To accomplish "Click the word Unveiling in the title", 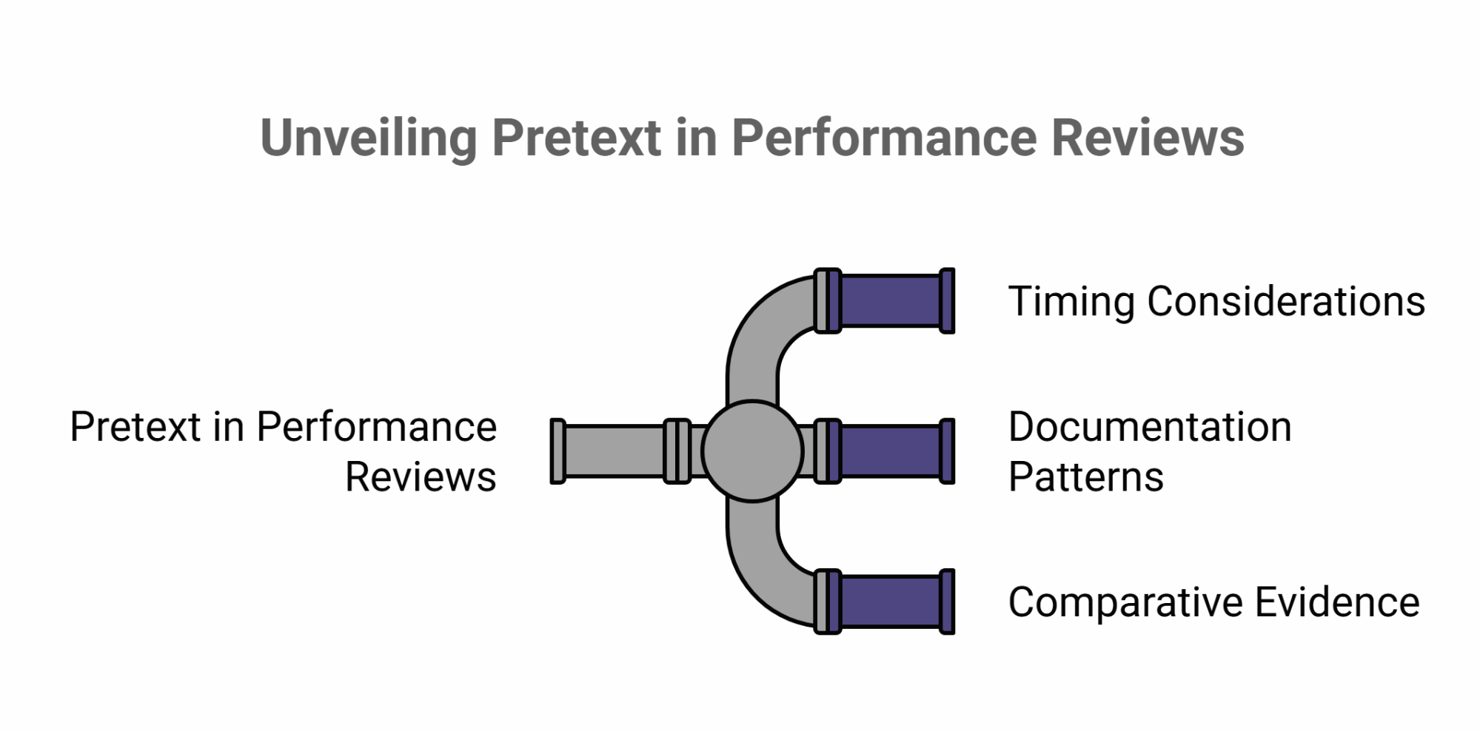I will tap(368, 138).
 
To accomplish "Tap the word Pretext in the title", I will tap(575, 138).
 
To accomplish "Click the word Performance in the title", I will tap(884, 138).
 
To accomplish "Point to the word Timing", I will tap(1071, 302).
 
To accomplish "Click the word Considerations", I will tap(1286, 302).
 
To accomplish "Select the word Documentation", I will tap(1150, 427).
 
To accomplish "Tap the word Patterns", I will tap(1085, 477).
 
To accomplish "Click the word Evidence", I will tap(1337, 602).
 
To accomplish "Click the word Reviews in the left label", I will tap(421, 477).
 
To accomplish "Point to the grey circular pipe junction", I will tap(752, 451).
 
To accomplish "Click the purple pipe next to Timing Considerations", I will tap(891, 301).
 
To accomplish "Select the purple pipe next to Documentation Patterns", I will tap(891, 451).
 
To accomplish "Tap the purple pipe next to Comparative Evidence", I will tap(891, 602).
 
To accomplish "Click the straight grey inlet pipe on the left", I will tap(614, 451).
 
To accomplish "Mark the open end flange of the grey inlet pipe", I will tap(558, 451).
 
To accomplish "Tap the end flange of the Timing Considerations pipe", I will tap(947, 301).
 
